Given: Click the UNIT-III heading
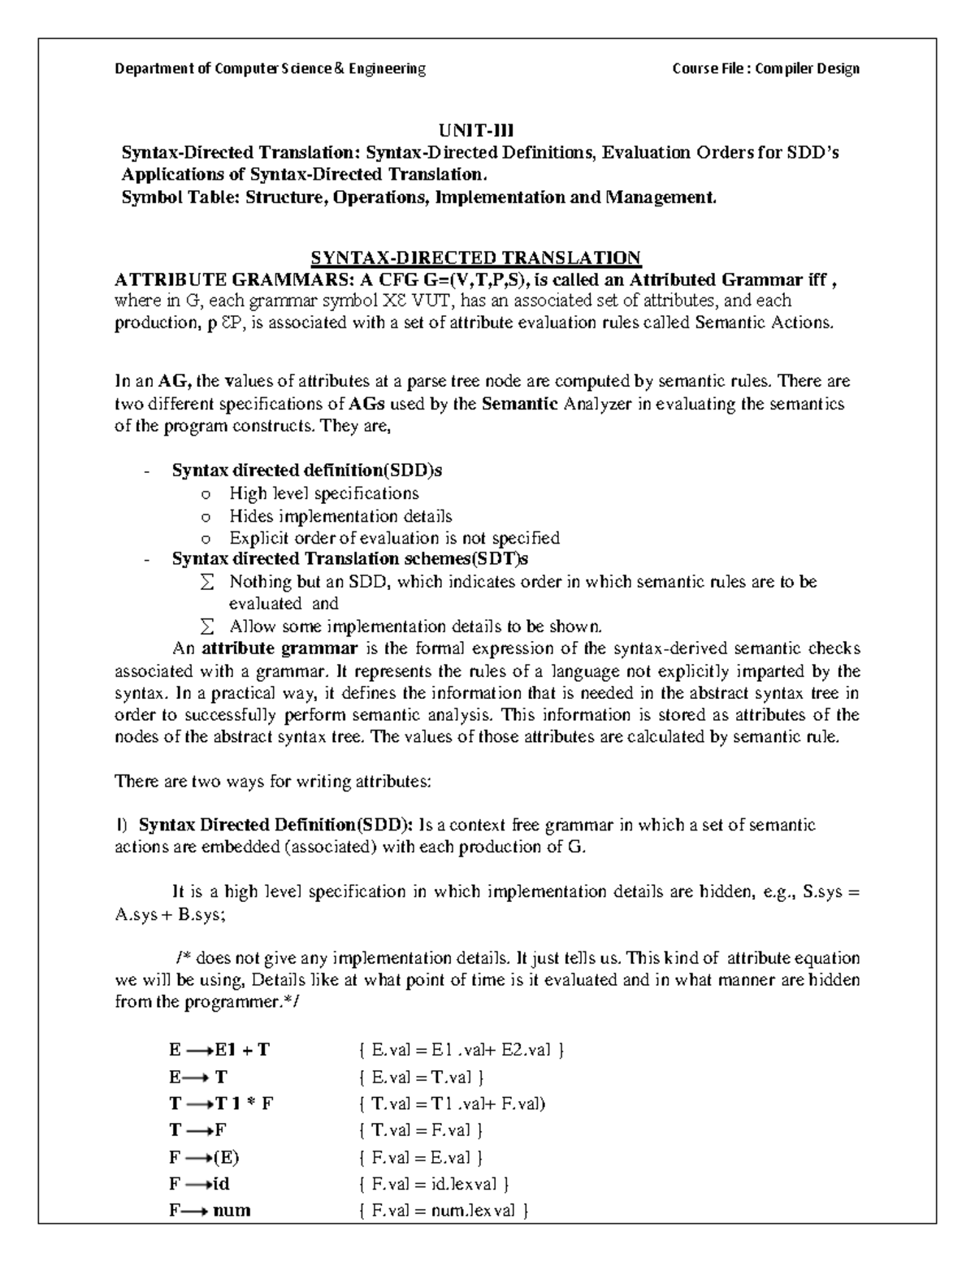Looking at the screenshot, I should [x=477, y=131].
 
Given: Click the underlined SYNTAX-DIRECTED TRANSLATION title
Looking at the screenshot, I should [x=476, y=258].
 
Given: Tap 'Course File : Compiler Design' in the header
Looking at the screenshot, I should [x=765, y=69].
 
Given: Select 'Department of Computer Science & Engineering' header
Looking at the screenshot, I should [x=270, y=69].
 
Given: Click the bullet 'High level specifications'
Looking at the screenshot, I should [x=323, y=493].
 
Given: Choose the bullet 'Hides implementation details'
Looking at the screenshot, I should [x=340, y=516].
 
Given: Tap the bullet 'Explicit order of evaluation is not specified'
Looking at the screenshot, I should [x=394, y=538].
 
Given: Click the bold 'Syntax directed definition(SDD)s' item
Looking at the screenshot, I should [x=306, y=471].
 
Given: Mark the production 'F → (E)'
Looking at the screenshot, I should [x=204, y=1157].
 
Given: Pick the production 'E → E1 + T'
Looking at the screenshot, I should [x=219, y=1050].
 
